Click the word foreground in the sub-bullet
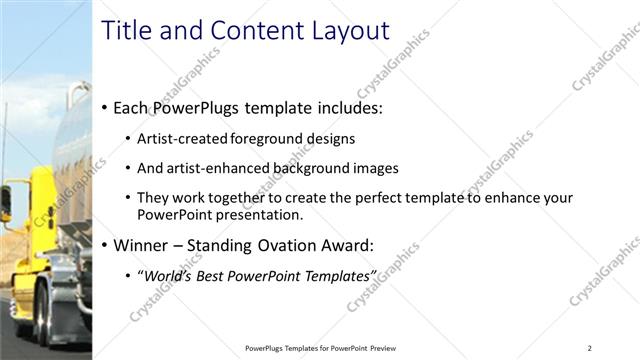click(x=263, y=139)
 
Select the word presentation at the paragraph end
click(x=255, y=214)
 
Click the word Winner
click(x=142, y=245)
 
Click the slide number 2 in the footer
click(x=589, y=348)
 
